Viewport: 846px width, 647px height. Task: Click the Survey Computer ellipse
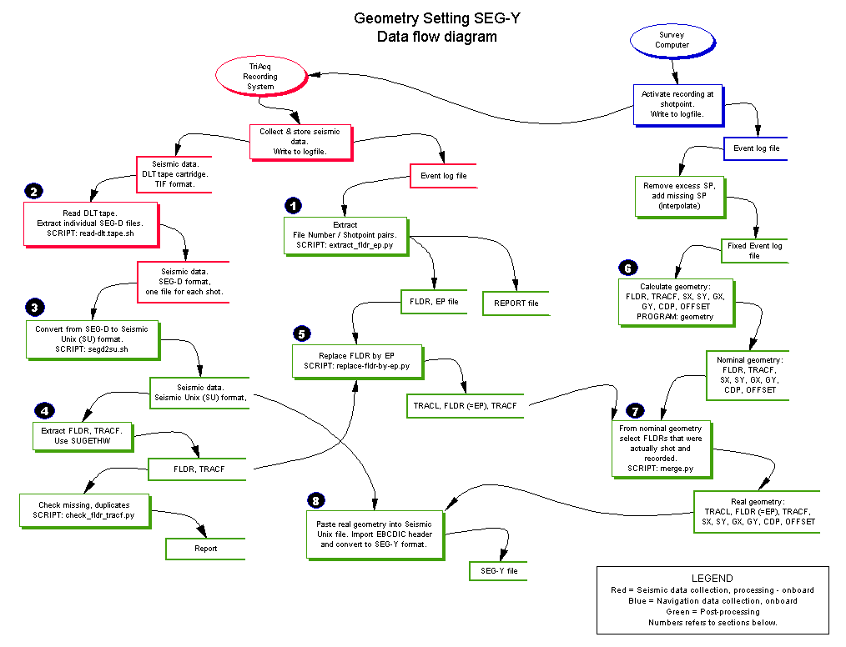672,40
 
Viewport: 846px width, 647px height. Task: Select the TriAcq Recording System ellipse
260,76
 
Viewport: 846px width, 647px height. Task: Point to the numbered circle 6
627,268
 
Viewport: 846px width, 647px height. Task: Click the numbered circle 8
315,500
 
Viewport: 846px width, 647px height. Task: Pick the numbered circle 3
33,308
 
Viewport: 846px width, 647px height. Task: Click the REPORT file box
516,303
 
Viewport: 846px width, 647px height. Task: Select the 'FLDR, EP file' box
434,301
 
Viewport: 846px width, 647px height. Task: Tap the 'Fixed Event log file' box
754,251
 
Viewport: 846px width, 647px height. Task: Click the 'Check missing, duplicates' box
83,511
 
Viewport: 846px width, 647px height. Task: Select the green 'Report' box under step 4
205,549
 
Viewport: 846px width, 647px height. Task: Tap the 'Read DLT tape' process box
89,223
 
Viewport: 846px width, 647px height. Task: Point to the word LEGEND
712,578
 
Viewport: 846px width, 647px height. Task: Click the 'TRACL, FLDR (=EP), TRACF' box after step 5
465,405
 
